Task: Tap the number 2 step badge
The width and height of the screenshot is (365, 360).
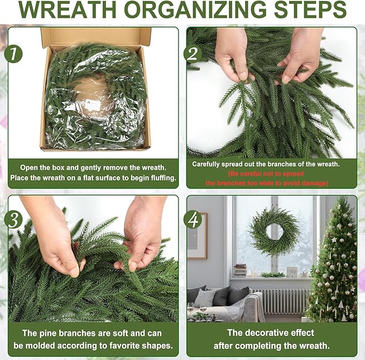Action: [192, 54]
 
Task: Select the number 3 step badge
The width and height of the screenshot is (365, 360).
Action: [13, 220]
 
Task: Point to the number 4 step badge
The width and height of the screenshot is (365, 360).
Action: [191, 220]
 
